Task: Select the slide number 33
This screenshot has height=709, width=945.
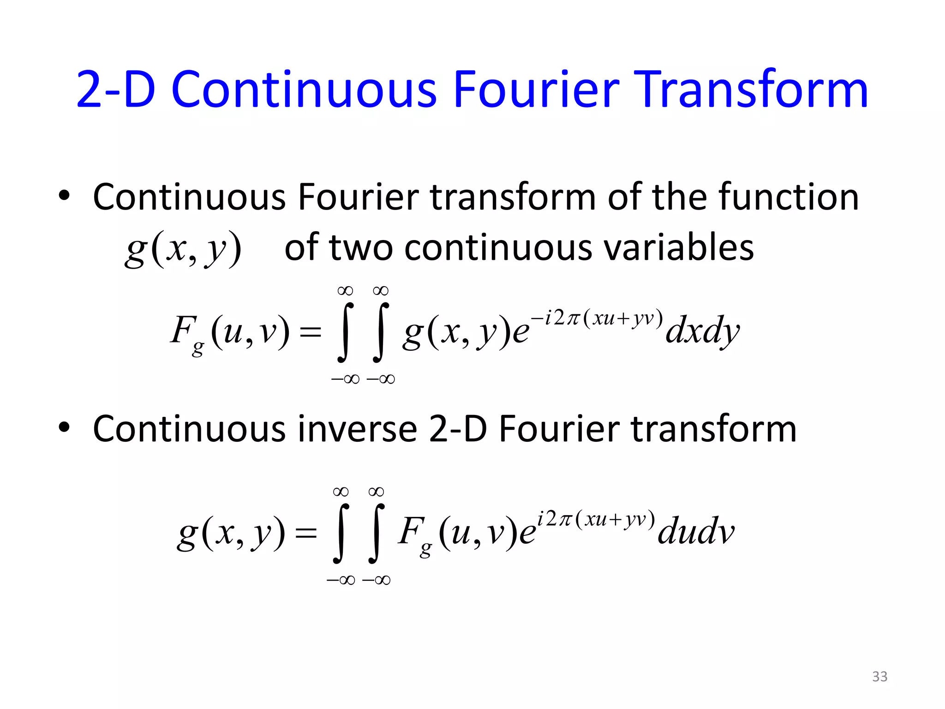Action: click(879, 677)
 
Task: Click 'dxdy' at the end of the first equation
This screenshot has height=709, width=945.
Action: click(702, 331)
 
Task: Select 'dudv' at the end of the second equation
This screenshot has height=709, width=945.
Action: click(695, 532)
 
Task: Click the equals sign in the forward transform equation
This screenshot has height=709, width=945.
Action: click(310, 331)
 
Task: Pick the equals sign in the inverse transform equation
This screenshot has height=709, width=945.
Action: click(306, 533)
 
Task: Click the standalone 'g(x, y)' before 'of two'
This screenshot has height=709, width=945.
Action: click(183, 249)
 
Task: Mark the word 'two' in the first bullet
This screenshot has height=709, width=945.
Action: click(361, 248)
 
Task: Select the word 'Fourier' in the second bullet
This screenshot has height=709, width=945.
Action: click(559, 429)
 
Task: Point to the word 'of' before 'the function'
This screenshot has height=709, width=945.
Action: click(623, 197)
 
